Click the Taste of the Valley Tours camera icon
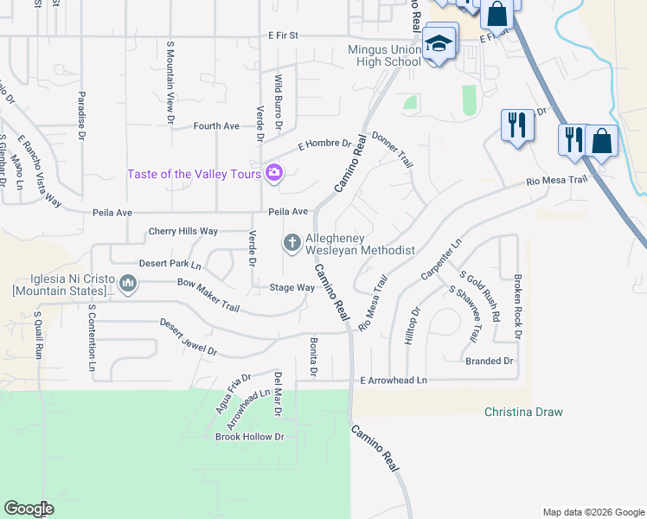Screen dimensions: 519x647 [x=274, y=173]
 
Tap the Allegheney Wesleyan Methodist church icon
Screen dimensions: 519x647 [x=292, y=244]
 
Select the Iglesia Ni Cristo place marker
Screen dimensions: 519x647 [x=128, y=283]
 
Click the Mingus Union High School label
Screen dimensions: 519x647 [x=384, y=55]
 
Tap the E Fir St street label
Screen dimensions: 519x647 [x=283, y=35]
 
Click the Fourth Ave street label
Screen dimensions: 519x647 [x=216, y=126]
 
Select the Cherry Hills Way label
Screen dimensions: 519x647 [x=183, y=231]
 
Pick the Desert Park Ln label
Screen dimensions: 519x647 [x=170, y=264]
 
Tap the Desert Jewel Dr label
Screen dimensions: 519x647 [x=188, y=337]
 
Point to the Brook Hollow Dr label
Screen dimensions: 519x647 [x=249, y=437]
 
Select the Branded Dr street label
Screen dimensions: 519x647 [x=489, y=361]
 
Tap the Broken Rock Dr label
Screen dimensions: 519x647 [x=517, y=306]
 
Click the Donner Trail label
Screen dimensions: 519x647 [x=393, y=149]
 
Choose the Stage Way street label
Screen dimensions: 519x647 [x=291, y=287]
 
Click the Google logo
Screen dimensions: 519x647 [x=29, y=509]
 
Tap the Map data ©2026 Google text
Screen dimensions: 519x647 [x=593, y=512]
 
